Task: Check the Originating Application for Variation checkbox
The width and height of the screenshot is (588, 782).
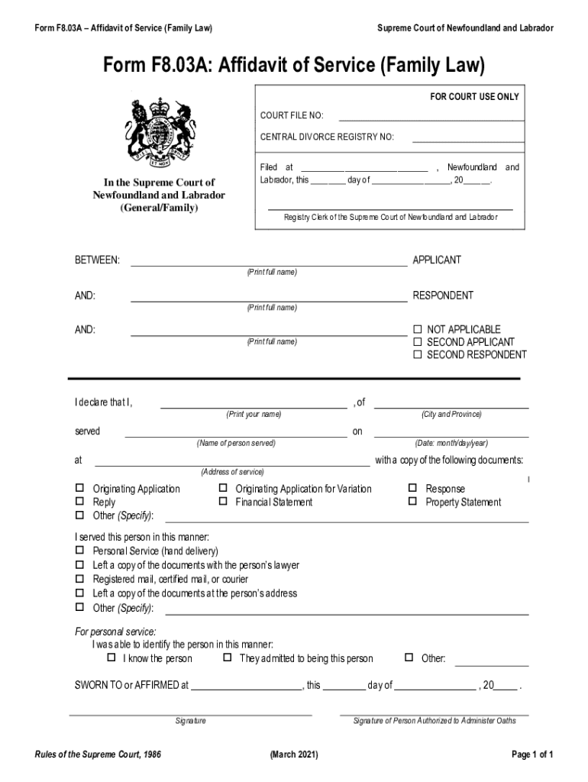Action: [224, 488]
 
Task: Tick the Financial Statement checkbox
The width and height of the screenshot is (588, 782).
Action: [224, 502]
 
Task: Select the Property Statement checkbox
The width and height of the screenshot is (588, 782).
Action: [412, 502]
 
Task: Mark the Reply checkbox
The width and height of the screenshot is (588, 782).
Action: [79, 502]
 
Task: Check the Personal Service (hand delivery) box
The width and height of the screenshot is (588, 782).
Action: [79, 550]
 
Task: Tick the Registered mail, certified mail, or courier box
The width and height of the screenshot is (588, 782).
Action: [79, 579]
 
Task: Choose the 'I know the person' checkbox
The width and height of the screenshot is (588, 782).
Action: [111, 658]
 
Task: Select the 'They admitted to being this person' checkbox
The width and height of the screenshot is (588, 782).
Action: [228, 658]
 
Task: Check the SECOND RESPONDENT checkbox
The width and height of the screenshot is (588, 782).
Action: [418, 355]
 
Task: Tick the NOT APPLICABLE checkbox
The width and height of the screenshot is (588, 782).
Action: [418, 329]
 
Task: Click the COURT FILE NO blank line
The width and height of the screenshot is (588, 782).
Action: [431, 119]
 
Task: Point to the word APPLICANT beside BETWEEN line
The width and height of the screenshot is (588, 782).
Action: [437, 260]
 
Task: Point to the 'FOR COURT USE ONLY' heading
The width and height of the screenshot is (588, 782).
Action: [474, 97]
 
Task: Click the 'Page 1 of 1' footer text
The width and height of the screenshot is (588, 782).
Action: [532, 755]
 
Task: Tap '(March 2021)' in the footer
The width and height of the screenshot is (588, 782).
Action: [294, 755]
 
